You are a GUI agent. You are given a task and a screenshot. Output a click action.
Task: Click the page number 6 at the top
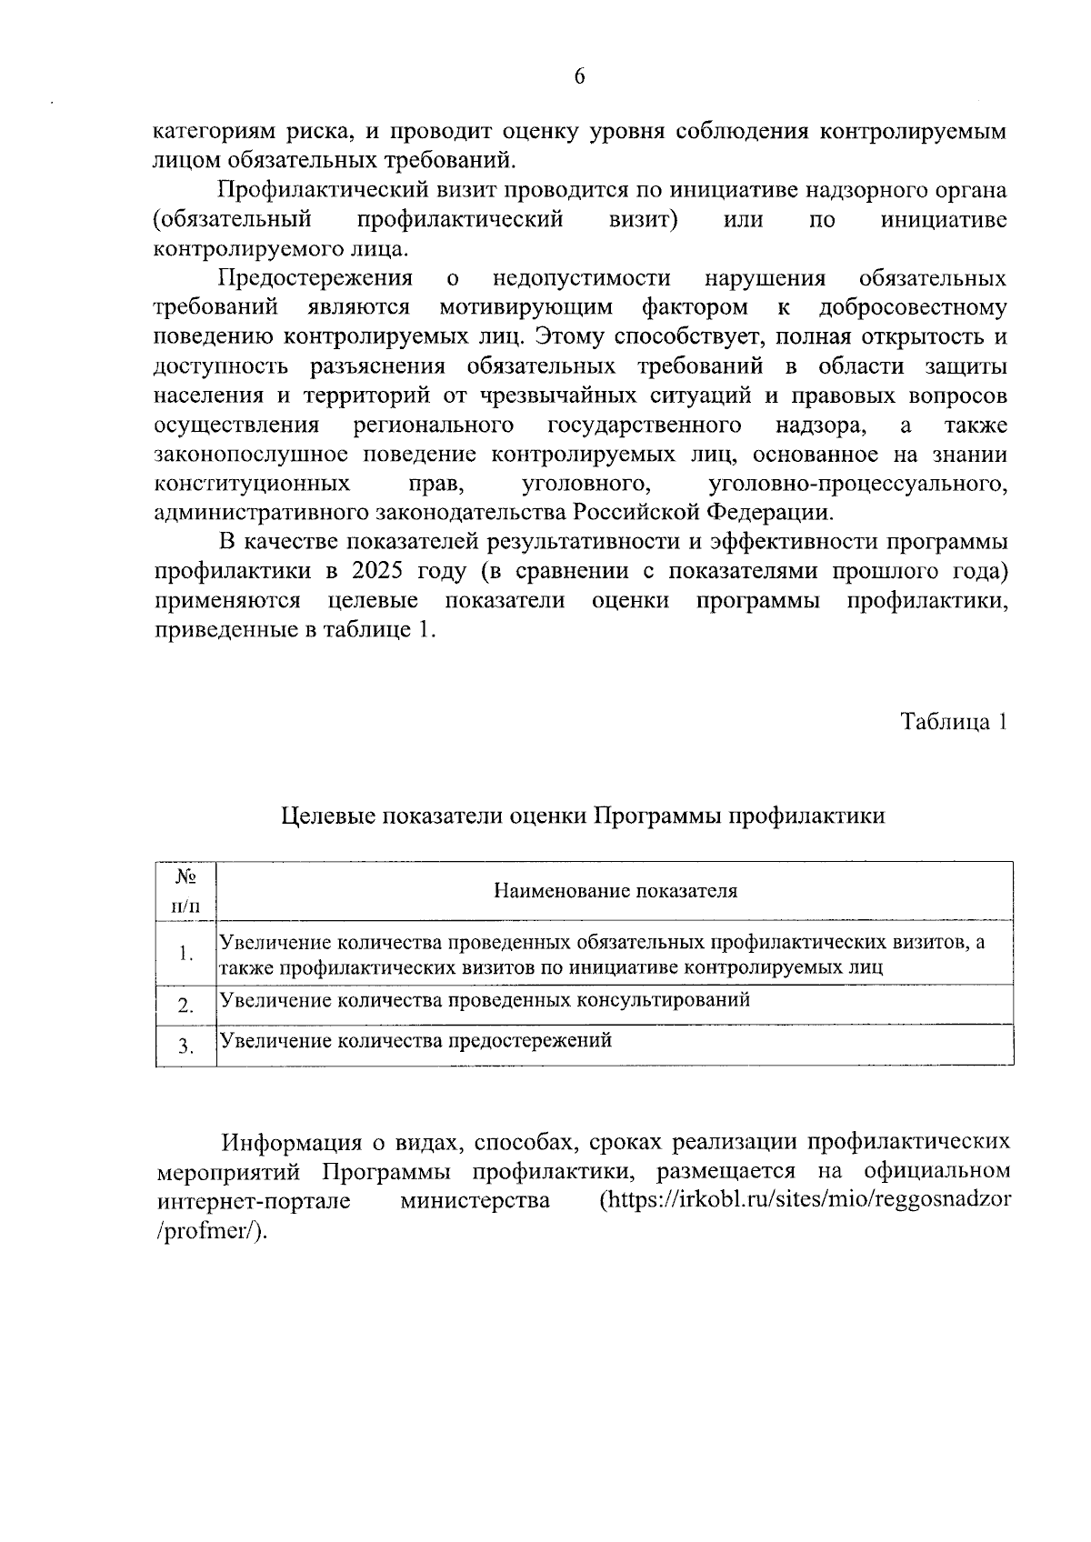click(579, 77)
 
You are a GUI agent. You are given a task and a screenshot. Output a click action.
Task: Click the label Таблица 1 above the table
click(953, 722)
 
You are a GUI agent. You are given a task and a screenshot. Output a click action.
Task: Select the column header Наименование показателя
click(616, 890)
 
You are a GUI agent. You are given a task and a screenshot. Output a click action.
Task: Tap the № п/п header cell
click(186, 891)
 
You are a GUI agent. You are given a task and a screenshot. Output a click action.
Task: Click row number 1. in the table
click(186, 954)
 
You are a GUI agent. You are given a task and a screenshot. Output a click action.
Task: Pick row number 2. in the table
click(186, 1006)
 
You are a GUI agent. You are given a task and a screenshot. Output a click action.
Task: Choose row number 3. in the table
click(186, 1046)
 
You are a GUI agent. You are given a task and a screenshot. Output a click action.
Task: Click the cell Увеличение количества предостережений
click(416, 1040)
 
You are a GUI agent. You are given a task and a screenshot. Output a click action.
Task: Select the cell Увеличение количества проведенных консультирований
click(485, 1000)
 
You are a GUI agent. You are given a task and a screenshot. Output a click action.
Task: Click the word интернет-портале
click(254, 1201)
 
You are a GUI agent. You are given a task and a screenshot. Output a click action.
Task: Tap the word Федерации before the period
click(767, 512)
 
